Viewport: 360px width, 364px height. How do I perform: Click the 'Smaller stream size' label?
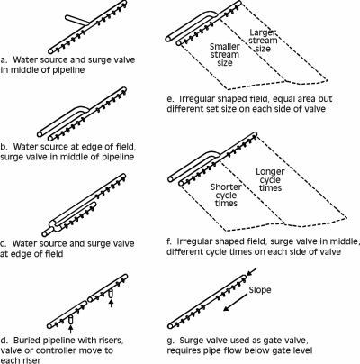[x=225, y=55]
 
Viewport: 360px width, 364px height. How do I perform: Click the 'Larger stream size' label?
[x=263, y=41]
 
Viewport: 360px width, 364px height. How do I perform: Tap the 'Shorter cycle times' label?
[x=226, y=195]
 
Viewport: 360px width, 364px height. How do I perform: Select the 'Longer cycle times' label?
[x=270, y=179]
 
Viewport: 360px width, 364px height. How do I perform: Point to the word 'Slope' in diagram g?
[x=260, y=290]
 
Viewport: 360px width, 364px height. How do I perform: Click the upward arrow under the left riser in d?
[x=71, y=329]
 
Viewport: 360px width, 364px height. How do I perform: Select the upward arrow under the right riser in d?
[x=111, y=303]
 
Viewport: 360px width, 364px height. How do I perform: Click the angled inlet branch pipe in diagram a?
[x=77, y=20]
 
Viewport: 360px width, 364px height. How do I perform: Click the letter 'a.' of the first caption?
[x=4, y=59]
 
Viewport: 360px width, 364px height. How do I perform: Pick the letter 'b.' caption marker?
[x=4, y=147]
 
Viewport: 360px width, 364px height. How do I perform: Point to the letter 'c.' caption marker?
[x=4, y=243]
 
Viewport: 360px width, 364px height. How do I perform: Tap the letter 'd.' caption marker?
[x=4, y=341]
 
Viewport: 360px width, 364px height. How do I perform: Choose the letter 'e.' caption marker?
[x=170, y=99]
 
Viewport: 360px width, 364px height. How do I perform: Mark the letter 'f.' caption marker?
[x=169, y=241]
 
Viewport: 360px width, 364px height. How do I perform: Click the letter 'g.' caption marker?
[x=170, y=341]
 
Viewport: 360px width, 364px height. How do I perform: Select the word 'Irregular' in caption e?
[x=198, y=99]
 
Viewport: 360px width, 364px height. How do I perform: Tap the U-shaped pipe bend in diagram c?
[x=51, y=227]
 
